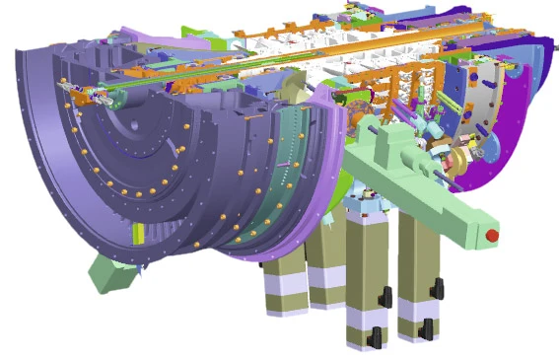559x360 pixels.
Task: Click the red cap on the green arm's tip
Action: [x=491, y=235]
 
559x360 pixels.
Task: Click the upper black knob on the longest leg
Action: [x=386, y=297]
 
